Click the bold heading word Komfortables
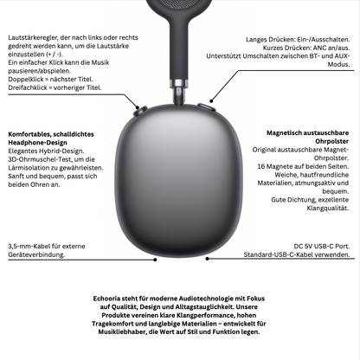pyautogui.click(x=29, y=136)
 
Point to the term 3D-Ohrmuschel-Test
pyautogui.click(x=40, y=160)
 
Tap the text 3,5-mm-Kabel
pyautogui.click(x=26, y=246)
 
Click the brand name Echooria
pyautogui.click(x=110, y=298)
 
